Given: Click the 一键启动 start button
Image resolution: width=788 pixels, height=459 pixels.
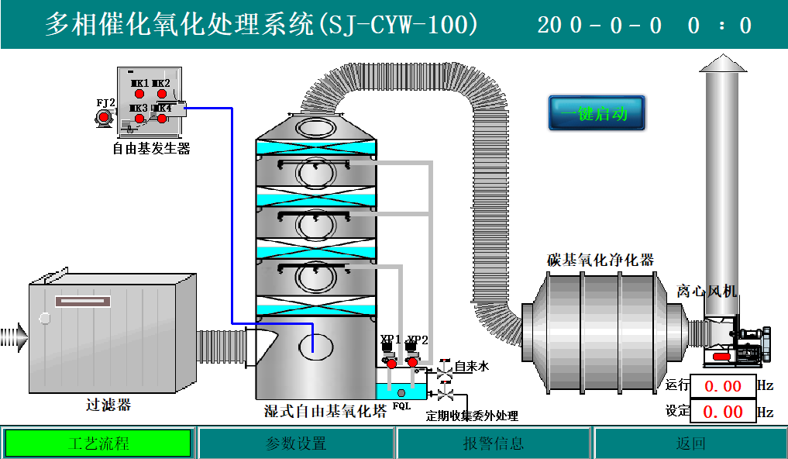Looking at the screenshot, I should point(597,113).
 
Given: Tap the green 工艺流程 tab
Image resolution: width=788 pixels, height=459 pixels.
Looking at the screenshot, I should point(98,443).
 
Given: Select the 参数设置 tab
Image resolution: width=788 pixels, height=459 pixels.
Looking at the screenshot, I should point(297,443).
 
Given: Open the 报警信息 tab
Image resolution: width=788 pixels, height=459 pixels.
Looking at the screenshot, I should point(494,443).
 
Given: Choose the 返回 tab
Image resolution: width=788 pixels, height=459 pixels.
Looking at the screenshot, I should point(690,443).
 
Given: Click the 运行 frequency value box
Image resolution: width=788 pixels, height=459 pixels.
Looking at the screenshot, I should point(722,386).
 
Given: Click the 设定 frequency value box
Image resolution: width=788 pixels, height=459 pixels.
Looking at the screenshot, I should point(722,411).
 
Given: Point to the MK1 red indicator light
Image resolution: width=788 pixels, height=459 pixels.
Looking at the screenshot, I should point(140,94).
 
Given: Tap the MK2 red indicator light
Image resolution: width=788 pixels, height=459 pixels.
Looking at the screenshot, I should point(162,94).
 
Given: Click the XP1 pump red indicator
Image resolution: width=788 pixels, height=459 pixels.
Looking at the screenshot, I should point(391,363).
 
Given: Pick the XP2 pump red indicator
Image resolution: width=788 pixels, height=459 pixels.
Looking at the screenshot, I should point(412,362).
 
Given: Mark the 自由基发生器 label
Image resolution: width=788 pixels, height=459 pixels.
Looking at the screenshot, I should point(151,148).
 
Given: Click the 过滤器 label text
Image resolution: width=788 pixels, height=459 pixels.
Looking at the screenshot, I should point(108,405).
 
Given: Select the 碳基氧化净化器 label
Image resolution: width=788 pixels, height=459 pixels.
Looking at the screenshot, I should point(600,260).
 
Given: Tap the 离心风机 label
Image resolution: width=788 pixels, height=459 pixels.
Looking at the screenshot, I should point(707,291).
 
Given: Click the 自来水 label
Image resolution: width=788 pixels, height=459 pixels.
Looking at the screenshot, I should point(472,367).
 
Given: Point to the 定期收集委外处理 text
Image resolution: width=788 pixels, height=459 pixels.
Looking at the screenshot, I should point(472,416).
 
